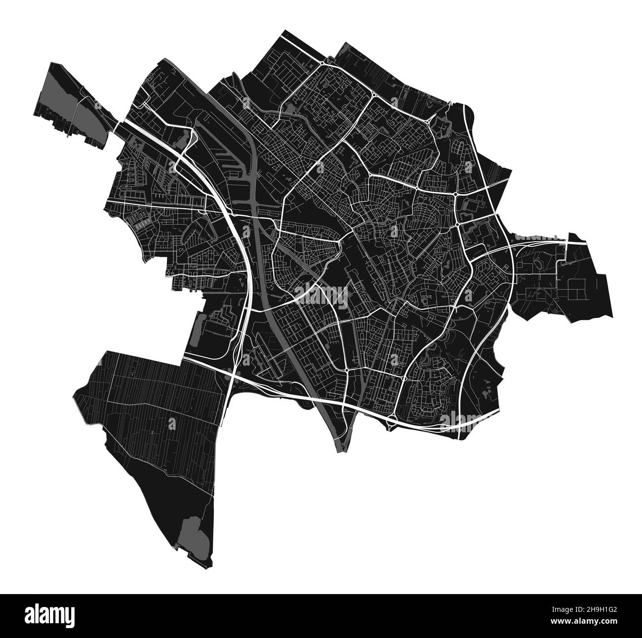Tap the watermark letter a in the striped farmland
[x=172, y=422]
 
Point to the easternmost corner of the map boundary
[x=612, y=316]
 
